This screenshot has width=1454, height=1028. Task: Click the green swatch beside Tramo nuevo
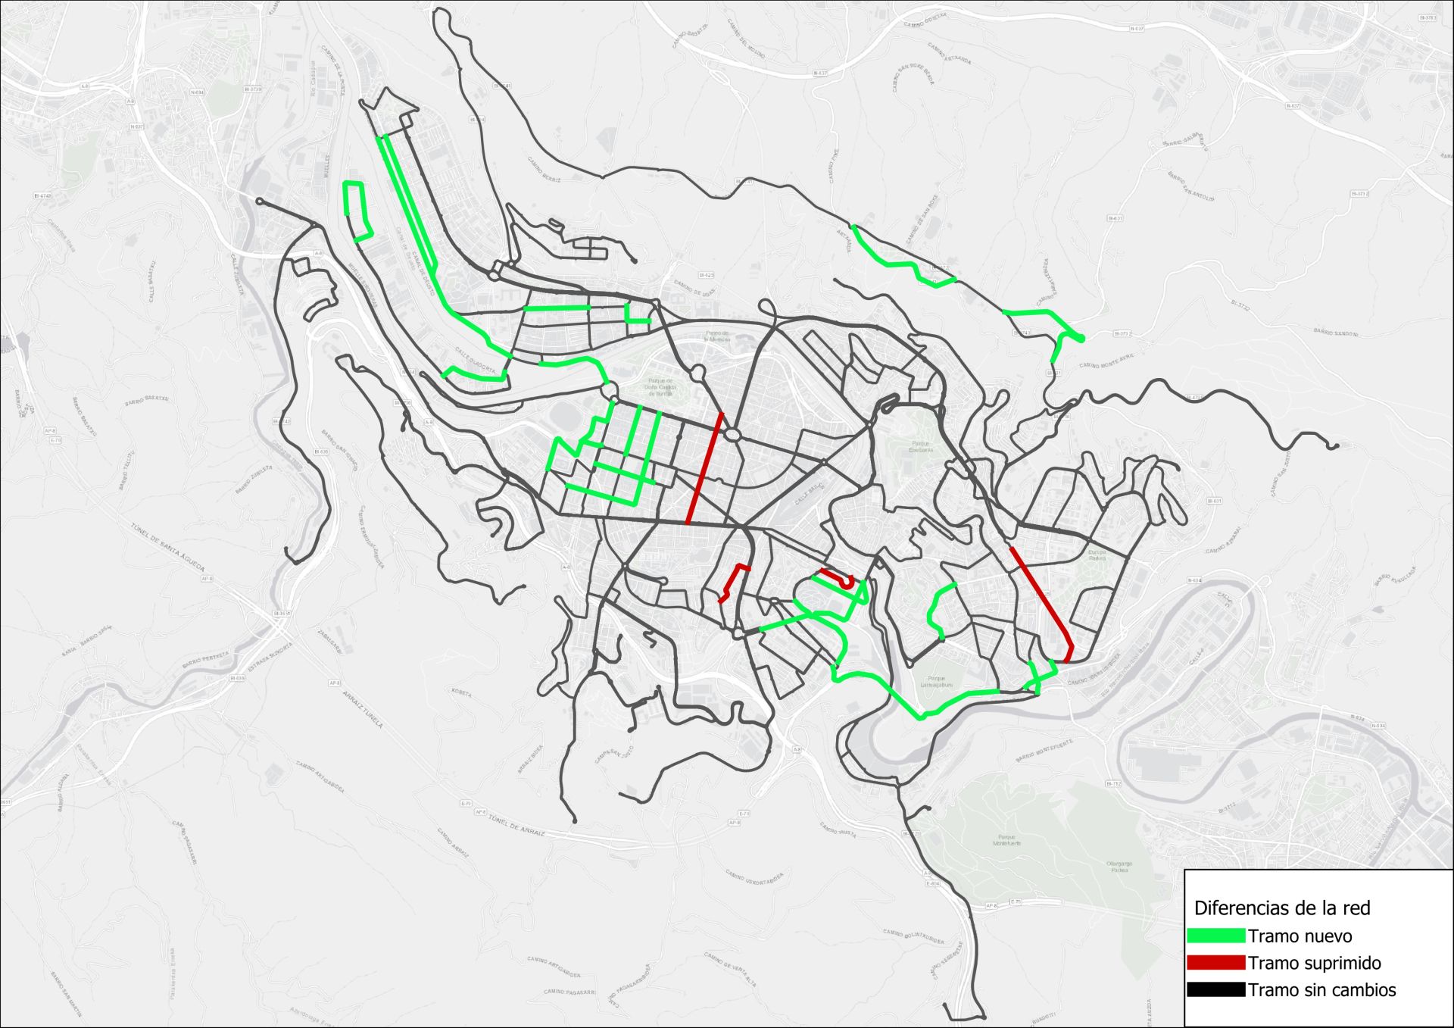point(1215,936)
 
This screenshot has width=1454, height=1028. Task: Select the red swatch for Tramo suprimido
point(1215,963)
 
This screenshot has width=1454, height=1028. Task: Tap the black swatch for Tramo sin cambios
point(1215,989)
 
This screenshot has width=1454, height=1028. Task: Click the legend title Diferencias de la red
point(1282,908)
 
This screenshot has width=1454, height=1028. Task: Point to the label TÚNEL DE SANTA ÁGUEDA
point(168,547)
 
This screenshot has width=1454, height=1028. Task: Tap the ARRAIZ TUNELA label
point(363,709)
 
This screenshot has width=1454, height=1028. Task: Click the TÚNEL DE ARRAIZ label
point(516,825)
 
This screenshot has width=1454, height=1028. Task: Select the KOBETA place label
point(461,693)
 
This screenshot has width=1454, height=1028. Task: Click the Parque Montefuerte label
point(1006,840)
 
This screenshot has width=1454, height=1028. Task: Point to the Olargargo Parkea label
point(1119,867)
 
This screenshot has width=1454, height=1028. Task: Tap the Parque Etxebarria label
point(921,447)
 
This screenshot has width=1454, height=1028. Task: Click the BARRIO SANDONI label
point(1336,333)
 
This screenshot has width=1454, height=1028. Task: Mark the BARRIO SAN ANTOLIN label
point(1190,186)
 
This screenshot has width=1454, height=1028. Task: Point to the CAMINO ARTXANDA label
point(949,54)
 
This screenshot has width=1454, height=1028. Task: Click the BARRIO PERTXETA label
point(204,659)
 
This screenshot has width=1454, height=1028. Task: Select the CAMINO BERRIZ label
point(544,168)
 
